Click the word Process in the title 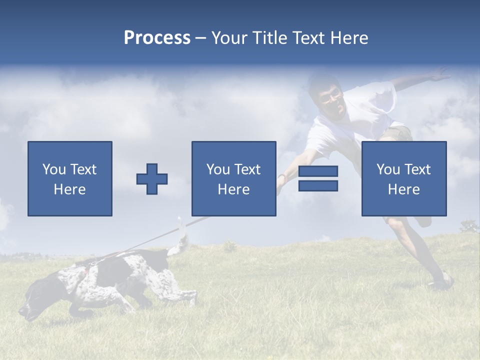point(157,38)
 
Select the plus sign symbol point(152,179)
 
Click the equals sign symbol point(318,179)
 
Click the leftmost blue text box point(70,178)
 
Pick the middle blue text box point(233,178)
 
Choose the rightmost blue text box point(403,178)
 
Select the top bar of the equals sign point(318,171)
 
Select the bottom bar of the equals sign point(318,186)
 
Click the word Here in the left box point(70,189)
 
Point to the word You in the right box point(388,169)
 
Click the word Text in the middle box point(247,169)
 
